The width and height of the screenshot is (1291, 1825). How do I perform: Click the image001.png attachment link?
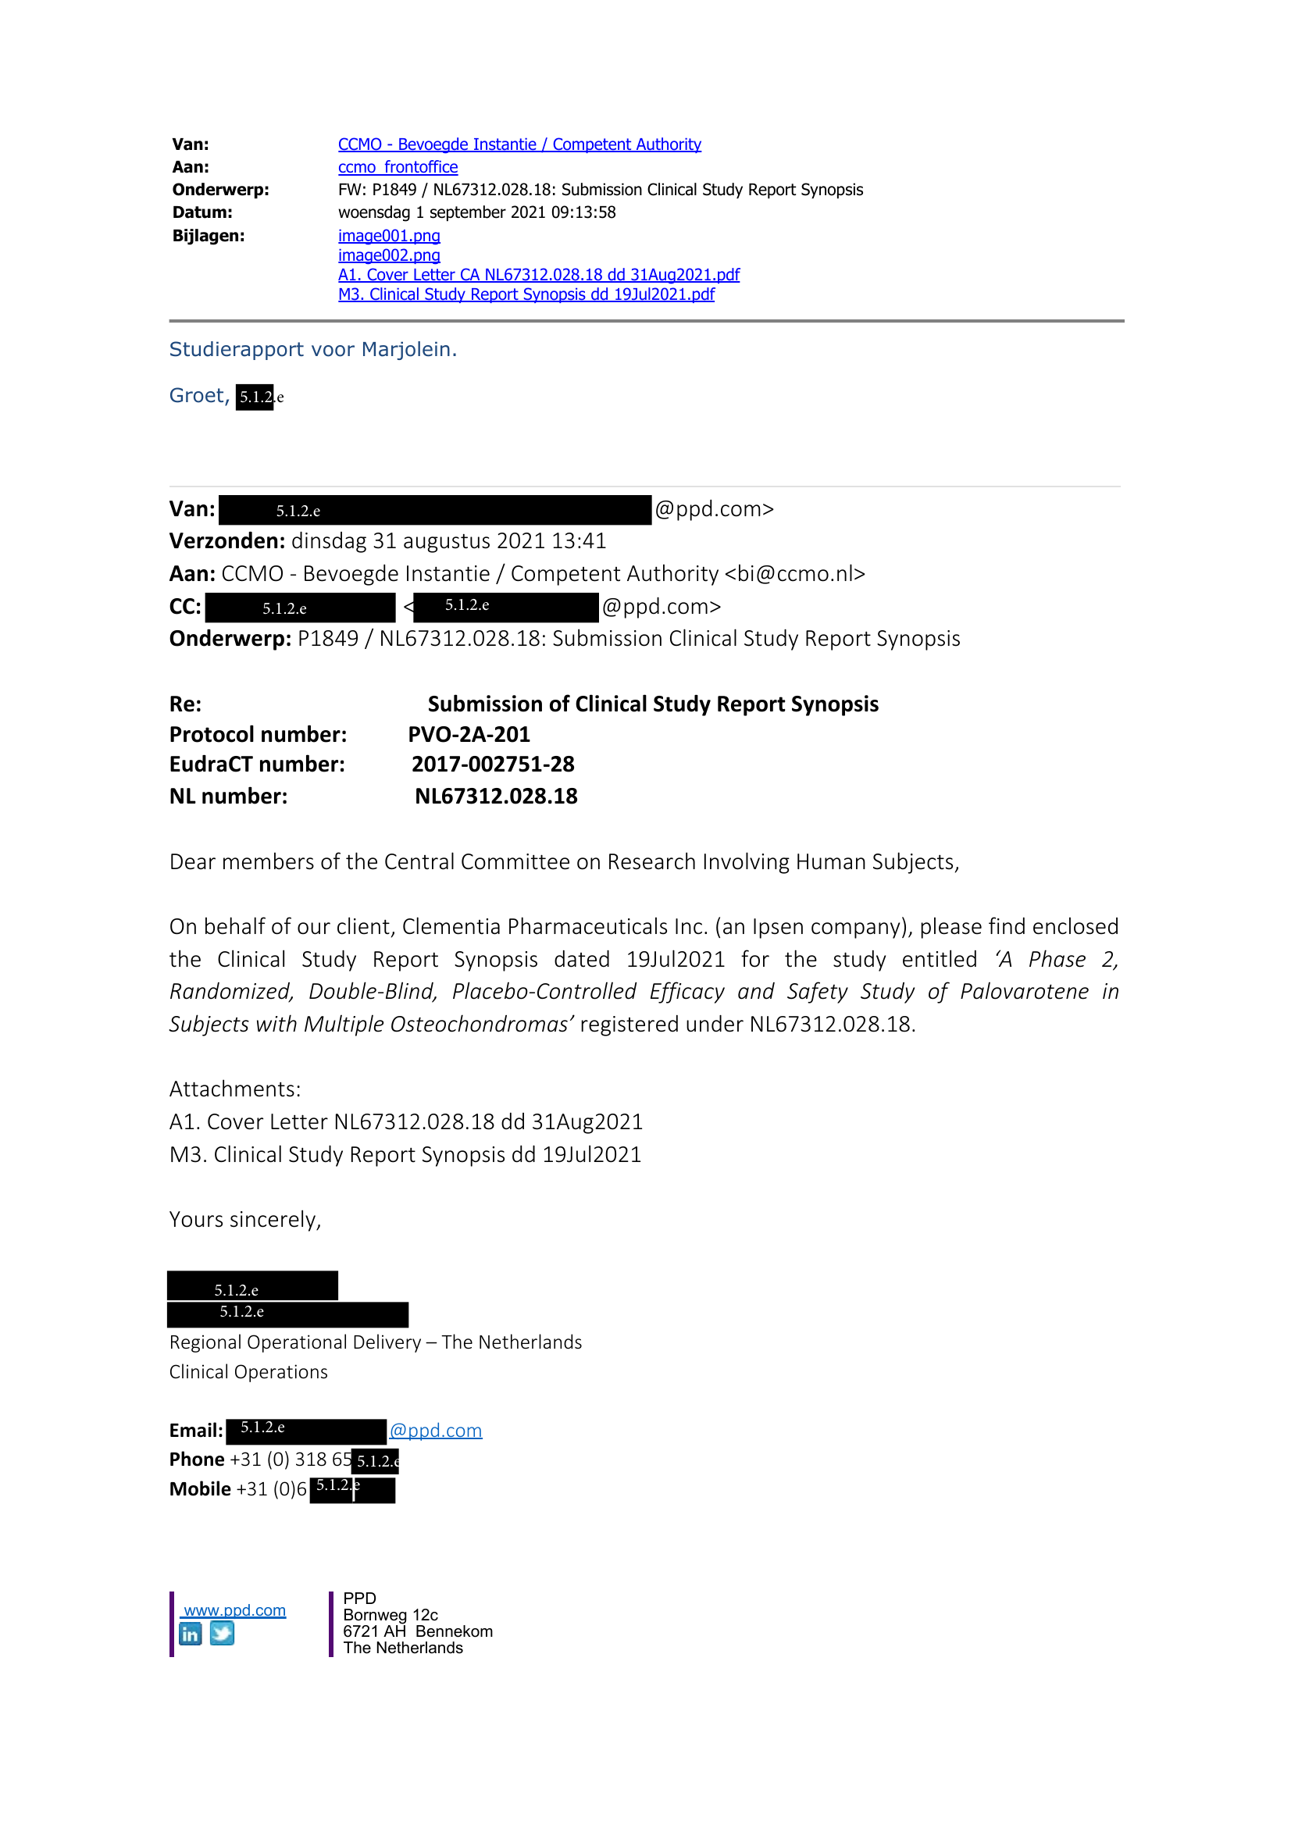[x=389, y=236]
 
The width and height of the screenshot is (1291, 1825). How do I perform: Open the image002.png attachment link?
[x=389, y=256]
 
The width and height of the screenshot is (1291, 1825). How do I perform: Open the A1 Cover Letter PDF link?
[x=538, y=275]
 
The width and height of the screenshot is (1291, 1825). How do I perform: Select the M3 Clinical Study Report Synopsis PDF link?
[x=526, y=295]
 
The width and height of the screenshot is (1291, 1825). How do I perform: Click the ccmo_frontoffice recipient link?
[x=398, y=168]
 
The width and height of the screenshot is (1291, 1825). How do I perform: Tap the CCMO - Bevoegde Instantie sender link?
[x=519, y=144]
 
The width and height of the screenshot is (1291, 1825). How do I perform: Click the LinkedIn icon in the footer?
[x=191, y=1634]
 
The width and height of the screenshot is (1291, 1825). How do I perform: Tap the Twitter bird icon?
[x=222, y=1634]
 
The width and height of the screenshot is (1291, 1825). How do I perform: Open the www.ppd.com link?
[x=234, y=1610]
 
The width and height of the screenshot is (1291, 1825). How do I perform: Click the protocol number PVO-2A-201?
[x=469, y=734]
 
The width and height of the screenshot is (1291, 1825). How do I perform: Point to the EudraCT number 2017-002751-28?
[x=493, y=765]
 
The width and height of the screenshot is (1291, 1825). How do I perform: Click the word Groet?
[x=197, y=396]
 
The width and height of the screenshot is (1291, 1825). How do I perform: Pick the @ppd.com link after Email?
[x=436, y=1431]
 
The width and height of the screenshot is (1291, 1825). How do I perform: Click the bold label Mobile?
[x=199, y=1488]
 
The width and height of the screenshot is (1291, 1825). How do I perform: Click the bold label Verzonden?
[x=226, y=541]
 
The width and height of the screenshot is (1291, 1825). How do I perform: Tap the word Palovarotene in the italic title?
[x=1024, y=992]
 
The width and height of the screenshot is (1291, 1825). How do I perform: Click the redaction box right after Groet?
[x=255, y=397]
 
